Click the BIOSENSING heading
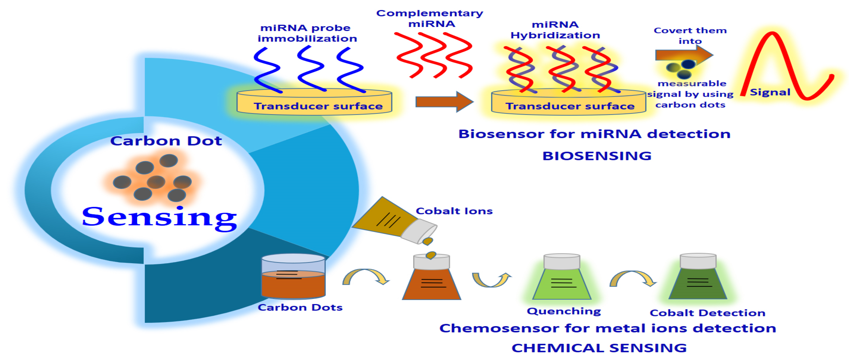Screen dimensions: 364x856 tap(597, 156)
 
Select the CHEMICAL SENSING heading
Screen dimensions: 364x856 tap(599, 348)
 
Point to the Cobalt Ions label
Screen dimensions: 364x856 tap(454, 211)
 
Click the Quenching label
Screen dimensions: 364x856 tap(564, 311)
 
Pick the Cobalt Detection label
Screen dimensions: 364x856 tap(707, 313)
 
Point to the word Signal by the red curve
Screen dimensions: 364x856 tap(770, 92)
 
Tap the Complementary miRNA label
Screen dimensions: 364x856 tap(430, 18)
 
